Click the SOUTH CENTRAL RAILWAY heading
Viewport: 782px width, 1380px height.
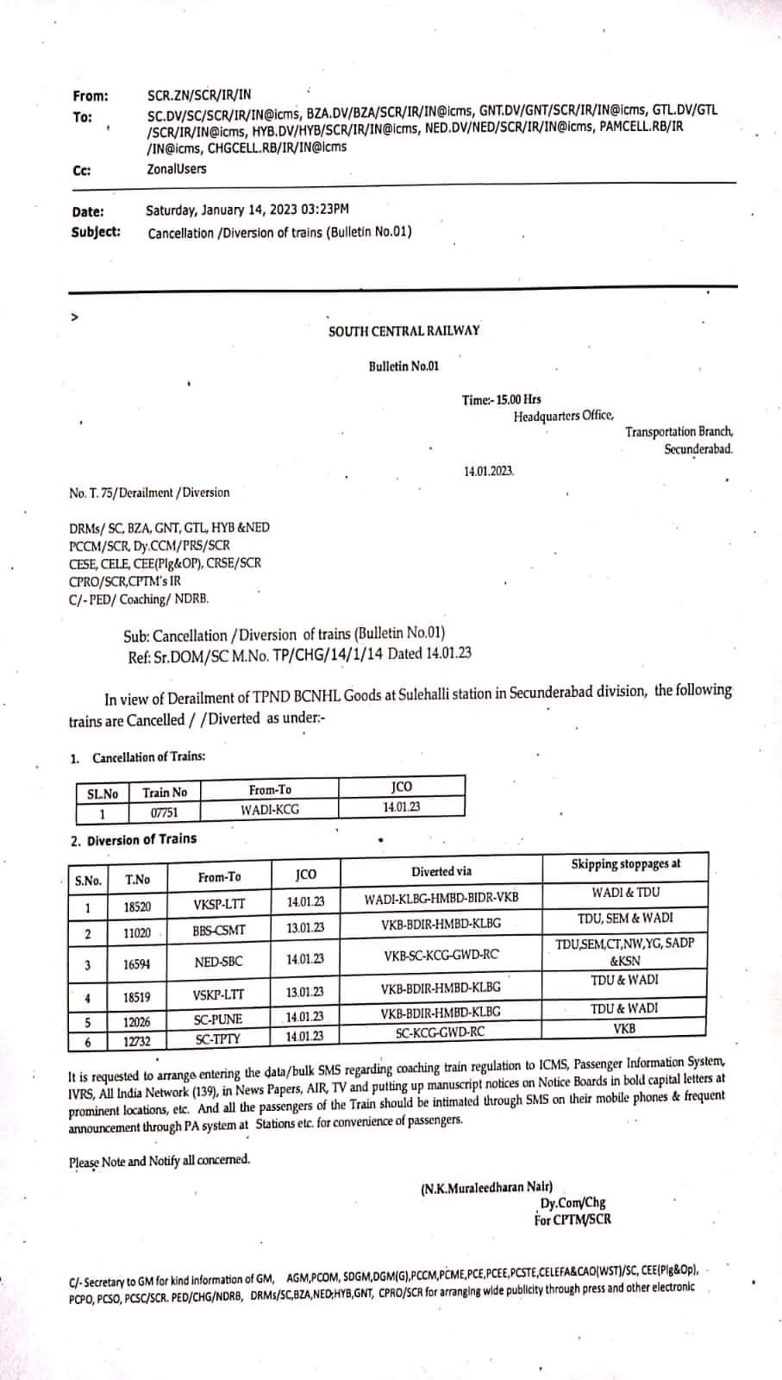(404, 331)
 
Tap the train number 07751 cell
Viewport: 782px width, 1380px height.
(164, 812)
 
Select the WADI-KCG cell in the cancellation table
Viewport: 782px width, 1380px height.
(270, 810)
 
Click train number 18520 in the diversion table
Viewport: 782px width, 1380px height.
(136, 906)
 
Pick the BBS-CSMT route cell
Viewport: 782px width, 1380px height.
(219, 931)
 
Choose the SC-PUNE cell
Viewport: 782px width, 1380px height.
(218, 1019)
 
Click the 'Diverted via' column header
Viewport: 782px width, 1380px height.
(441, 871)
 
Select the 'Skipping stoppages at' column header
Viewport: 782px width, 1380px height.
(625, 864)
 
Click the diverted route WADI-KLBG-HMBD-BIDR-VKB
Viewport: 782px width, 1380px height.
(441, 897)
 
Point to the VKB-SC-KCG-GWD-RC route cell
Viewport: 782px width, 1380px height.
(441, 956)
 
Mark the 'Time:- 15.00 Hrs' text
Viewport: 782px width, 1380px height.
(501, 399)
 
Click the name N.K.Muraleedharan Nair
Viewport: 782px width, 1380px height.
(487, 1188)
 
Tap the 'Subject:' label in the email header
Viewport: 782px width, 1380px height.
(96, 232)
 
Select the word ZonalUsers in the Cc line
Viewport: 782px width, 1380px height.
(177, 169)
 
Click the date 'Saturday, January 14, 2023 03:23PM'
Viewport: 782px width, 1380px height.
(247, 210)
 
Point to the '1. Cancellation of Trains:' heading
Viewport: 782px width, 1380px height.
(138, 757)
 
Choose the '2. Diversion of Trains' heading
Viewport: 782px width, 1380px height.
(134, 839)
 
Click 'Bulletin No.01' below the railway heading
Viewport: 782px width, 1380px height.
(404, 367)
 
